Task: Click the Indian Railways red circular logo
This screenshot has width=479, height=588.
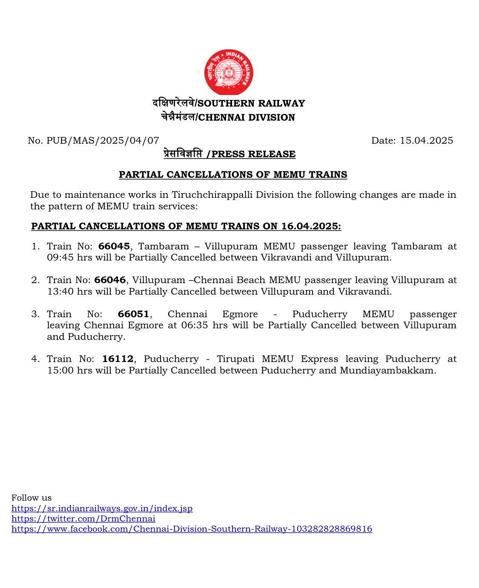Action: pos(229,72)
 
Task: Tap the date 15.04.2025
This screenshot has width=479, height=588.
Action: pos(426,140)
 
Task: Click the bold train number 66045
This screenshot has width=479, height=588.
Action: pos(114,246)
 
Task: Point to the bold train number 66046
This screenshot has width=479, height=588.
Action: pos(110,280)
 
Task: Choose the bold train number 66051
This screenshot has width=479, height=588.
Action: pos(133,314)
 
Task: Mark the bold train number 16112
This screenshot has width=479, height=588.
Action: pos(118,359)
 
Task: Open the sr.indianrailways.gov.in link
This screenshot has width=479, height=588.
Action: pos(102,508)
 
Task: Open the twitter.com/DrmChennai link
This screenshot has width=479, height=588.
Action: pos(83,518)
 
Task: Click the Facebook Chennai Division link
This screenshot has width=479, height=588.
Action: pos(192,529)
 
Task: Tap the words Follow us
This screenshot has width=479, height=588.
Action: pos(32,498)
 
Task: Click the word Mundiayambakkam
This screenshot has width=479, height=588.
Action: pos(387,370)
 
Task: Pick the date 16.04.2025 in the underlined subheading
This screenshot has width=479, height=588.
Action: pos(310,226)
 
